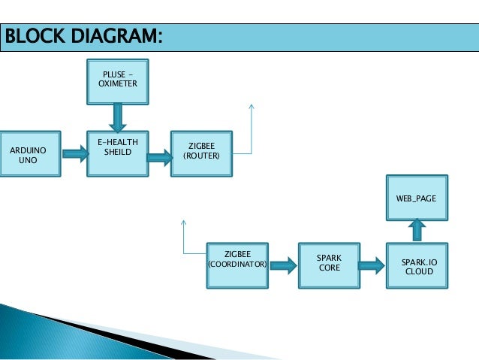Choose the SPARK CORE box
tap(329, 265)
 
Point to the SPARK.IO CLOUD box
tap(418, 265)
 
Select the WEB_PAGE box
tap(416, 198)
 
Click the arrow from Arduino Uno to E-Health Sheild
tap(74, 154)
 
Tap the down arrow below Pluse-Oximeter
tap(117, 116)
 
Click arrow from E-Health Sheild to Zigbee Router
tap(159, 158)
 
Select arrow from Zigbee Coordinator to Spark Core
tap(282, 265)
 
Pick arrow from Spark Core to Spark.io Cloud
tap(372, 265)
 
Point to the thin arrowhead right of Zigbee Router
tap(251, 107)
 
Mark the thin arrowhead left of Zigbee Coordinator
tap(182, 222)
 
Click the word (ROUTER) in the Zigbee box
tap(201, 156)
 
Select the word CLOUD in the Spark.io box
tap(418, 271)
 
